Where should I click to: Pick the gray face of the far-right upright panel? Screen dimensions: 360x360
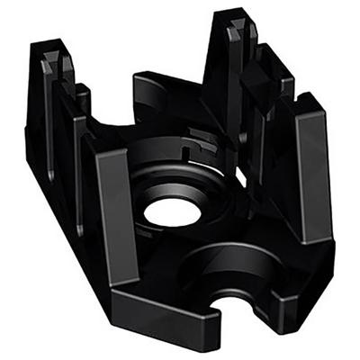click(x=310, y=171)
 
